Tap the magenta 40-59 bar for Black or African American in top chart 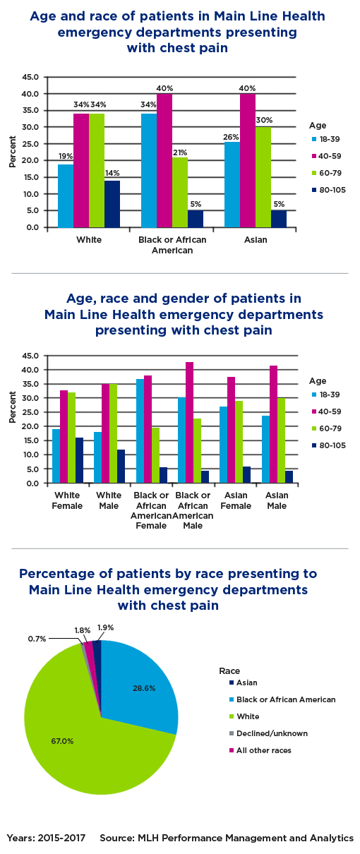pyautogui.click(x=164, y=160)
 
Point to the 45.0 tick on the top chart pyautogui.click(x=30, y=77)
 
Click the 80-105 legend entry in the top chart pyautogui.click(x=327, y=190)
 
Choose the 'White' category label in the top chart pyautogui.click(x=89, y=239)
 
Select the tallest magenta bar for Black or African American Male pyautogui.click(x=189, y=422)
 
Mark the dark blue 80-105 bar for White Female pyautogui.click(x=79, y=460)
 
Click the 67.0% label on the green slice pyautogui.click(x=61, y=741)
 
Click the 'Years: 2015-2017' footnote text pyautogui.click(x=47, y=838)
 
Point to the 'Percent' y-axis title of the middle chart pyautogui.click(x=12, y=407)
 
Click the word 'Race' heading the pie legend pyautogui.click(x=229, y=670)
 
